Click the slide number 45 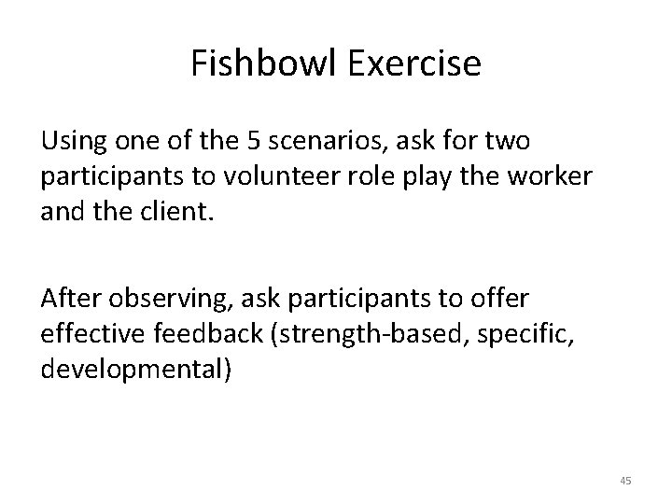click(626, 481)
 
